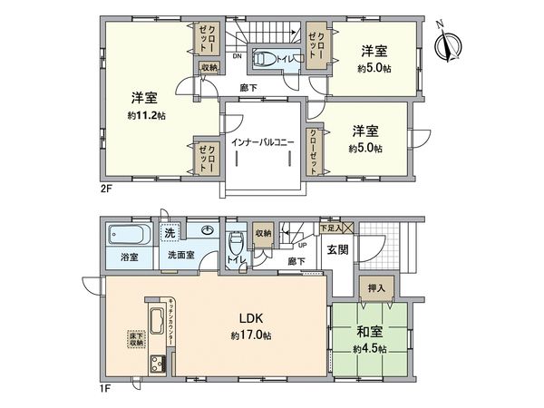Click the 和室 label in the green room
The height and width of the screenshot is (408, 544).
click(x=367, y=331)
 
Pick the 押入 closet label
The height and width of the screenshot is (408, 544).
click(x=378, y=290)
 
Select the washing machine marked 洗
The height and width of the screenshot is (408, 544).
click(x=170, y=233)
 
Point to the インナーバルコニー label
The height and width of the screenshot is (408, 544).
click(x=264, y=142)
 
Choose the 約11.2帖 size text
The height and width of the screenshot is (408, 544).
click(x=144, y=115)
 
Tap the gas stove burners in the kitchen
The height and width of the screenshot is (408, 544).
click(x=154, y=365)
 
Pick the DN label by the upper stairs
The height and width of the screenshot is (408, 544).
click(x=238, y=56)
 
